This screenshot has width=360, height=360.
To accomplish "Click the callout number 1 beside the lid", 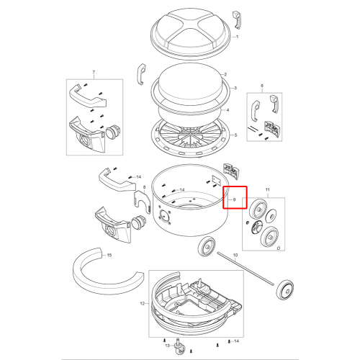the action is pos(238,37).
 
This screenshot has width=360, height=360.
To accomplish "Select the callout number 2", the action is pos(225,74).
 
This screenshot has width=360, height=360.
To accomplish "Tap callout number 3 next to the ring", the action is pos(235,88).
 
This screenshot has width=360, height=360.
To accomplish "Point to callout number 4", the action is pos(228,110).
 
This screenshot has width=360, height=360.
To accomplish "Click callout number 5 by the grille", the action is pos(235,135).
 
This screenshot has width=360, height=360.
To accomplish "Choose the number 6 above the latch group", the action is pos(262,86).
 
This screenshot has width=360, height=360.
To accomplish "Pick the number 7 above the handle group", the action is pos(94,72).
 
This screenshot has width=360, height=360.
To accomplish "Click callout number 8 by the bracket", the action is pos(144,187).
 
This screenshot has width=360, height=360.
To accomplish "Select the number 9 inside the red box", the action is pos(235,199).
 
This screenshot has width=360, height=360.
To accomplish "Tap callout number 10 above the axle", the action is pos(235,255).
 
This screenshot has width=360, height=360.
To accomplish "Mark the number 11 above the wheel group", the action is pos(268,190).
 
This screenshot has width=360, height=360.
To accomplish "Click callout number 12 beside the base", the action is pos(143,304).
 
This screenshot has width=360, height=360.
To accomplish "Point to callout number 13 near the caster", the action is pos(167,346).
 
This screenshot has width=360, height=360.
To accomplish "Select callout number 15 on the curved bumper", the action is pos(109,255).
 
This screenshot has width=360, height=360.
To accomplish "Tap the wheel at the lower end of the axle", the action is pos(284,289).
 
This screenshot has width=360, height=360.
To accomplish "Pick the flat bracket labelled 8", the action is pos(142,201).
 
